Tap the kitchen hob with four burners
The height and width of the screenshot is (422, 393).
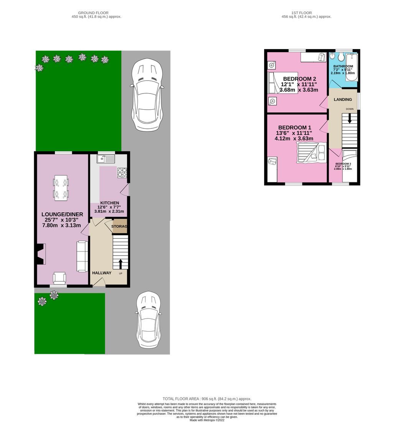point(122,173)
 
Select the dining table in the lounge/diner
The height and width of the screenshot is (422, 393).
point(61,188)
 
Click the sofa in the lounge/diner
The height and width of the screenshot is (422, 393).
point(83,256)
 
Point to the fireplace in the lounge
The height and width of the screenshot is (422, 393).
point(41,254)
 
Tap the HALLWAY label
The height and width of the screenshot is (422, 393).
point(102,273)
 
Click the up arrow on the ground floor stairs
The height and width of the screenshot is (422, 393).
point(121,264)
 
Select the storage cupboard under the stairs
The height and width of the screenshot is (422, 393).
point(119,226)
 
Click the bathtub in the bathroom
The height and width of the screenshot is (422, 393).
point(352,68)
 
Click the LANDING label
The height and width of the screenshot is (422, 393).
point(343,100)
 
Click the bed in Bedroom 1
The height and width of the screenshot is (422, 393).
point(311,153)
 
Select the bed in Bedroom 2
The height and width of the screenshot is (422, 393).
point(283,83)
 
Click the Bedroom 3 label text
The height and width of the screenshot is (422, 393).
point(343,164)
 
